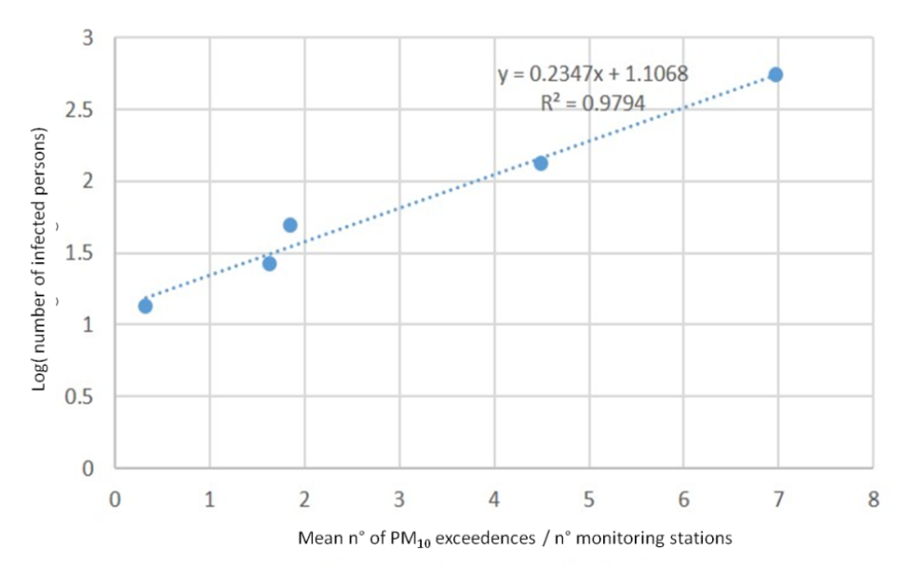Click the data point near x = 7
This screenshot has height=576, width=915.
[x=775, y=74]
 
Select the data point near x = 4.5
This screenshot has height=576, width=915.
[x=540, y=163]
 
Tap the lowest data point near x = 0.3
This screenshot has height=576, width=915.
[x=144, y=305]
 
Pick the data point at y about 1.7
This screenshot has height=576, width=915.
[x=289, y=225]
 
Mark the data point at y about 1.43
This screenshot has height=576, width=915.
[x=269, y=263]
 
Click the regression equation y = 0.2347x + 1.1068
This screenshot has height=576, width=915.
[x=593, y=74]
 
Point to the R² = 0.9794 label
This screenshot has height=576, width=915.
[x=593, y=103]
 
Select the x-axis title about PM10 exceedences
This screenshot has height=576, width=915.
[x=515, y=538]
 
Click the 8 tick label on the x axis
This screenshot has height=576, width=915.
[x=873, y=499]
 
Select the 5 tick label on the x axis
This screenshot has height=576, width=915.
[x=588, y=499]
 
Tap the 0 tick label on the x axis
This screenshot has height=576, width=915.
[x=114, y=499]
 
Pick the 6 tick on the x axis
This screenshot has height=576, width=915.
[x=683, y=499]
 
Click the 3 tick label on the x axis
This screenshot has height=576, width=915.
[x=398, y=499]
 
